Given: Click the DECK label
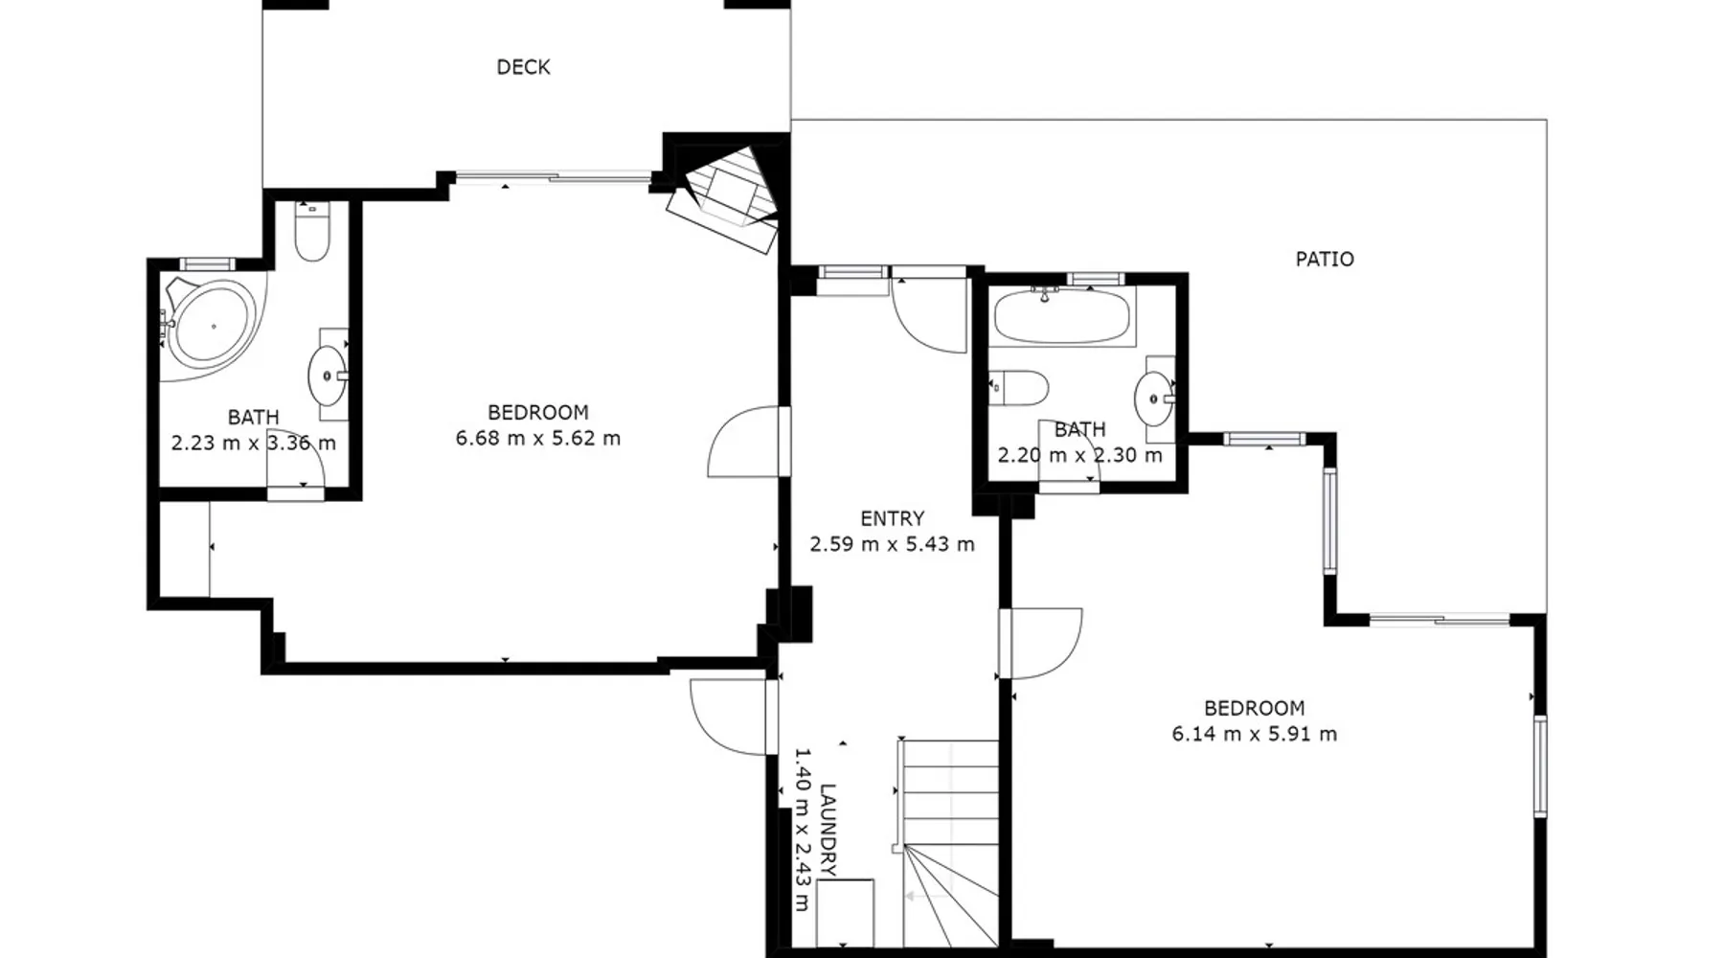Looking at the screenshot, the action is pyautogui.click(x=523, y=67).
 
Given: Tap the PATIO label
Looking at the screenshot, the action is pyautogui.click(x=1325, y=259).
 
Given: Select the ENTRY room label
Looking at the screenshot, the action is pyautogui.click(x=892, y=518).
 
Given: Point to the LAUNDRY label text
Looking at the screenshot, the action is pyautogui.click(x=828, y=830).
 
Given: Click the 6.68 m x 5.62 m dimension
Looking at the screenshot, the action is pyautogui.click(x=538, y=439).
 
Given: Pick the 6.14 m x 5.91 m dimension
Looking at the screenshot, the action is pyautogui.click(x=1255, y=734).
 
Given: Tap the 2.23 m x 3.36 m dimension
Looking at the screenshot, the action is pyautogui.click(x=254, y=444).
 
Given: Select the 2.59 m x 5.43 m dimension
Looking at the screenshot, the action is pyautogui.click(x=893, y=544).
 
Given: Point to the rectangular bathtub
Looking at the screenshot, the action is pyautogui.click(x=1062, y=317).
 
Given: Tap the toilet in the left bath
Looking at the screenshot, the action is pyautogui.click(x=312, y=232).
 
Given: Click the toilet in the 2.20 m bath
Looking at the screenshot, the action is pyautogui.click(x=1018, y=388).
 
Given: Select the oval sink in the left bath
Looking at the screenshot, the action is pyautogui.click(x=328, y=376).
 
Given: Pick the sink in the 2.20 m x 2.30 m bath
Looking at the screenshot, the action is pyautogui.click(x=1154, y=398).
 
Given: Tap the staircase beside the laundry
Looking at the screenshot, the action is pyautogui.click(x=948, y=843).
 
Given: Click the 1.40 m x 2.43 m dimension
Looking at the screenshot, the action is pyautogui.click(x=803, y=830).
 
